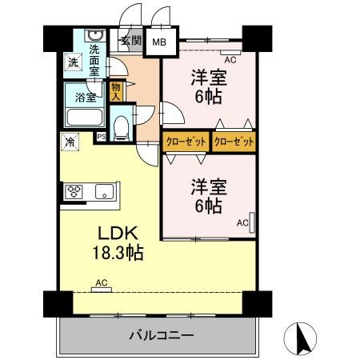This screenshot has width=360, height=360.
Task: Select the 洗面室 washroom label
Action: [x=95, y=58]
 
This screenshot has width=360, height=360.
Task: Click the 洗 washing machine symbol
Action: [x=72, y=62]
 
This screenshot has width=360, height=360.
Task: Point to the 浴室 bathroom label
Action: [x=86, y=98]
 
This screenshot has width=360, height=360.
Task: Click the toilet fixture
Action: [x=121, y=126]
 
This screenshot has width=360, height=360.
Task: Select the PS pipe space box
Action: [x=101, y=137]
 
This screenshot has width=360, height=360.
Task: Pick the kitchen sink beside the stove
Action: [x=104, y=191]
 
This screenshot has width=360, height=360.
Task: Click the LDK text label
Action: [x=119, y=234]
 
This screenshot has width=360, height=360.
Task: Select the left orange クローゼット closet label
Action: [x=186, y=142]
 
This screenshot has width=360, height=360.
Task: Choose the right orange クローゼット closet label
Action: [x=234, y=142]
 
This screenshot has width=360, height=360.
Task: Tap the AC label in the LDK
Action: [x=102, y=282]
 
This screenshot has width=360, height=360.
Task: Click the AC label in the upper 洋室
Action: [x=230, y=60]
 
